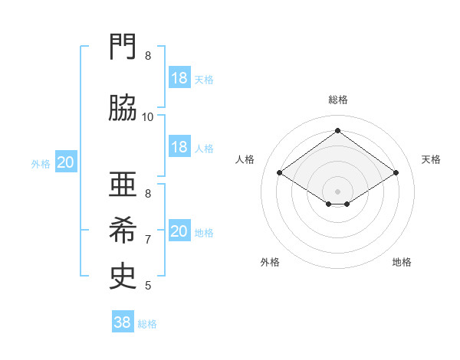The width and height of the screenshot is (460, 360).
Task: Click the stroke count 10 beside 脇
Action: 148,116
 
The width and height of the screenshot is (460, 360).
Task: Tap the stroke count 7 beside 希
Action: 148,239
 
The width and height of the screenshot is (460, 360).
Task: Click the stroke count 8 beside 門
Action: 148,55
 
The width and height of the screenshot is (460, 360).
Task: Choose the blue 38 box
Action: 123,322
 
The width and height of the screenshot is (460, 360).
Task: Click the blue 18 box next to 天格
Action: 179,78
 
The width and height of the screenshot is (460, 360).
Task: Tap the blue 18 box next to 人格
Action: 179,147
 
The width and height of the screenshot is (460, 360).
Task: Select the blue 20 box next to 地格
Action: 179,231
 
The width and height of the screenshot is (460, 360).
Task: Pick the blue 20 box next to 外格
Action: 66,162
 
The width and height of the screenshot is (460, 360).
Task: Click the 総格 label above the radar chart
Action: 338,100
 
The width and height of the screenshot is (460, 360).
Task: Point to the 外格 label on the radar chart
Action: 270,262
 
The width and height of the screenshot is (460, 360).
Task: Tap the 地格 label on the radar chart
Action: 402,262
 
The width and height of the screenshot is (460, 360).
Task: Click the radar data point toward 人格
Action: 280,173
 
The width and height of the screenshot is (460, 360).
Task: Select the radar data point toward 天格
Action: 396,173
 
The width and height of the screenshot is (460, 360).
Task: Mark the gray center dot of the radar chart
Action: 338,191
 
